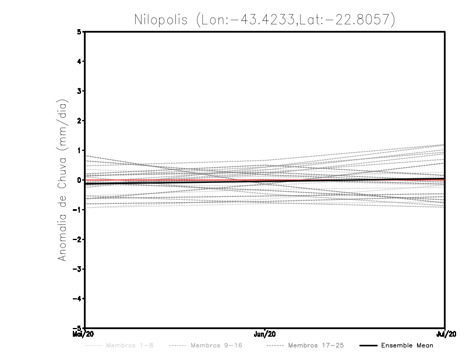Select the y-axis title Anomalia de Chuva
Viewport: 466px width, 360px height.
[x=62, y=180]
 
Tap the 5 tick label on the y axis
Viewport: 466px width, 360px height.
[x=79, y=32]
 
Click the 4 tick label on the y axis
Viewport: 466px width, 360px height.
[x=79, y=62]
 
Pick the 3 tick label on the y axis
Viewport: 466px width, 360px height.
[x=79, y=91]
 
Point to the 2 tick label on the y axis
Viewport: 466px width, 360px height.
[x=79, y=121]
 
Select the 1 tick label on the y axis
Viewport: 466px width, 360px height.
[x=79, y=150]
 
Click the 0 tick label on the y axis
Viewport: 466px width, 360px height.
[x=79, y=180]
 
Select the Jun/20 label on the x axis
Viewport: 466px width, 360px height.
[x=265, y=334]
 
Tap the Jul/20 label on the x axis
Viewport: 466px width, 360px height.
[x=445, y=334]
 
